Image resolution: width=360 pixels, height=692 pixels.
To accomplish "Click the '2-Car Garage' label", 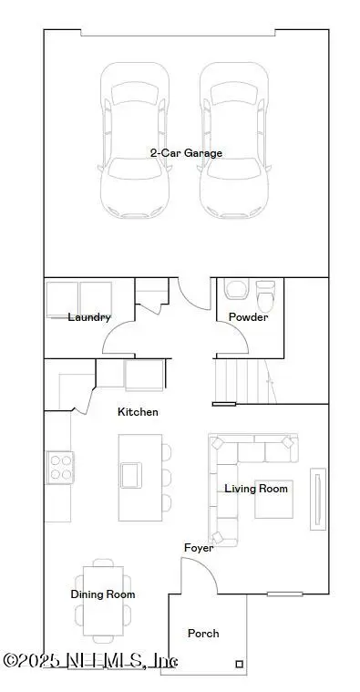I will (186, 153).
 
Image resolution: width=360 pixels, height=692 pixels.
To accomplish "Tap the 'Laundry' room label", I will (89, 317).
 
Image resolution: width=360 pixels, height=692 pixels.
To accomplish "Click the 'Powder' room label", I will (248, 317).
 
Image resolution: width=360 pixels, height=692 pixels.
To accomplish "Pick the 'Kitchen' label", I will (138, 412).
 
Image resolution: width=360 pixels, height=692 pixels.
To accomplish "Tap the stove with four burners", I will (60, 468).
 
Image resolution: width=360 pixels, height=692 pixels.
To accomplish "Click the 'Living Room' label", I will (256, 489).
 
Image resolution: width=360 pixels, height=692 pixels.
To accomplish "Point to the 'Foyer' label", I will (199, 548).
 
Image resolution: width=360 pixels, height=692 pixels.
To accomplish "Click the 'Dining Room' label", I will (103, 594).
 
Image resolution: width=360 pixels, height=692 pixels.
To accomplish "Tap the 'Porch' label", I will (203, 633).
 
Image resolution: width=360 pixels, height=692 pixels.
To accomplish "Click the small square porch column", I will (239, 664).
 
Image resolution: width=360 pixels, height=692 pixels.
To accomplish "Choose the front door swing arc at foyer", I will (199, 576).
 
